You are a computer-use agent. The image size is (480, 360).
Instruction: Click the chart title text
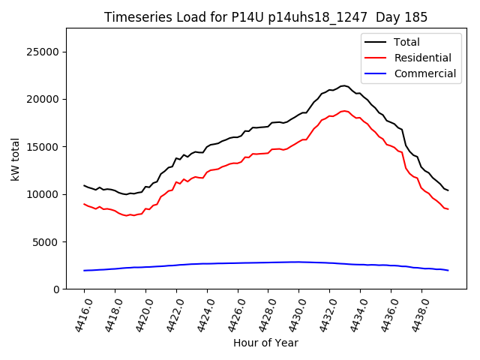(265, 17)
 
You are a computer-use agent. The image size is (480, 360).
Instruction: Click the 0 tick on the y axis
(56, 289)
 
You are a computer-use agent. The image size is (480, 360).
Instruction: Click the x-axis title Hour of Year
(265, 343)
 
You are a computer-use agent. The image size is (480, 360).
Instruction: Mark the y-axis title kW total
(15, 158)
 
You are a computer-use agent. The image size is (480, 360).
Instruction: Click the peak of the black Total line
(343, 85)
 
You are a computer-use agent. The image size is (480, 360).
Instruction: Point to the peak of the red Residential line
(344, 111)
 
